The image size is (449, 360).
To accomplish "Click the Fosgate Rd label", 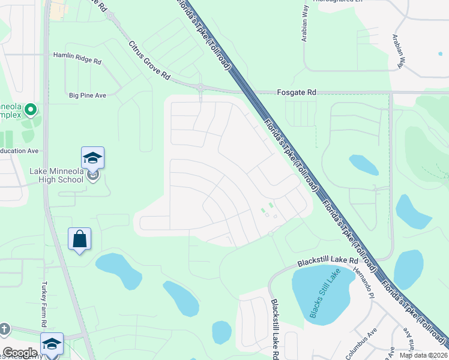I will pyautogui.click(x=296, y=92).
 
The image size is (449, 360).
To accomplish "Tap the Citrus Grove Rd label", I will pyautogui.click(x=149, y=61).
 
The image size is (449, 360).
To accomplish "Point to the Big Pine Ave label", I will pyautogui.click(x=88, y=95).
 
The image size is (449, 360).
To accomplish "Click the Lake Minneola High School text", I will pyautogui.click(x=56, y=175).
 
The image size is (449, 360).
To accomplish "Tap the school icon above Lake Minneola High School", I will pyautogui.click(x=92, y=158).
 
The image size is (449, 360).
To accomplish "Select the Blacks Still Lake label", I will pyautogui.click(x=324, y=293).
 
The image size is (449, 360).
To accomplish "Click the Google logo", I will pyautogui.click(x=20, y=353).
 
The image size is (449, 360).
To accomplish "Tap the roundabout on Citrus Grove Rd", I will pyautogui.click(x=200, y=88).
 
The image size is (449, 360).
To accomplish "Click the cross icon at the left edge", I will pyautogui.click(x=4, y=329).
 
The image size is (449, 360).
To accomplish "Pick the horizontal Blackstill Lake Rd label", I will pyautogui.click(x=328, y=262).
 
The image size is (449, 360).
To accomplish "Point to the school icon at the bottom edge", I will pyautogui.click(x=52, y=344).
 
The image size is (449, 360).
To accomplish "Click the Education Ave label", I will pyautogui.click(x=19, y=151).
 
